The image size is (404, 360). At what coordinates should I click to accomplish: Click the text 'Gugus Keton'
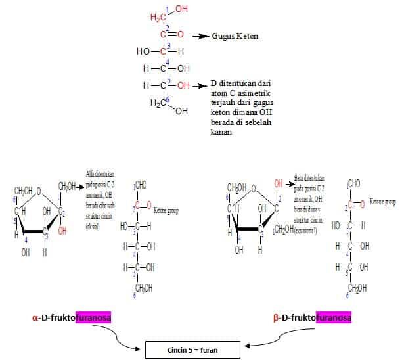(235, 36)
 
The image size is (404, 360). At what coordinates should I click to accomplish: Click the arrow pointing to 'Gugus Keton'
(200, 36)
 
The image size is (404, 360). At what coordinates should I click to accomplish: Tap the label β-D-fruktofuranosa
(312, 318)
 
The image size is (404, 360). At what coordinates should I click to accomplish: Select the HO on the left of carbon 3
(143, 51)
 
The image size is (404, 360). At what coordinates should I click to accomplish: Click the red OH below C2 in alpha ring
(62, 231)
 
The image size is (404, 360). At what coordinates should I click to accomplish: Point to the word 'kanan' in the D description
(223, 131)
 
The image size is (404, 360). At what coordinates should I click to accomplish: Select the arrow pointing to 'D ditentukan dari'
(200, 85)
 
